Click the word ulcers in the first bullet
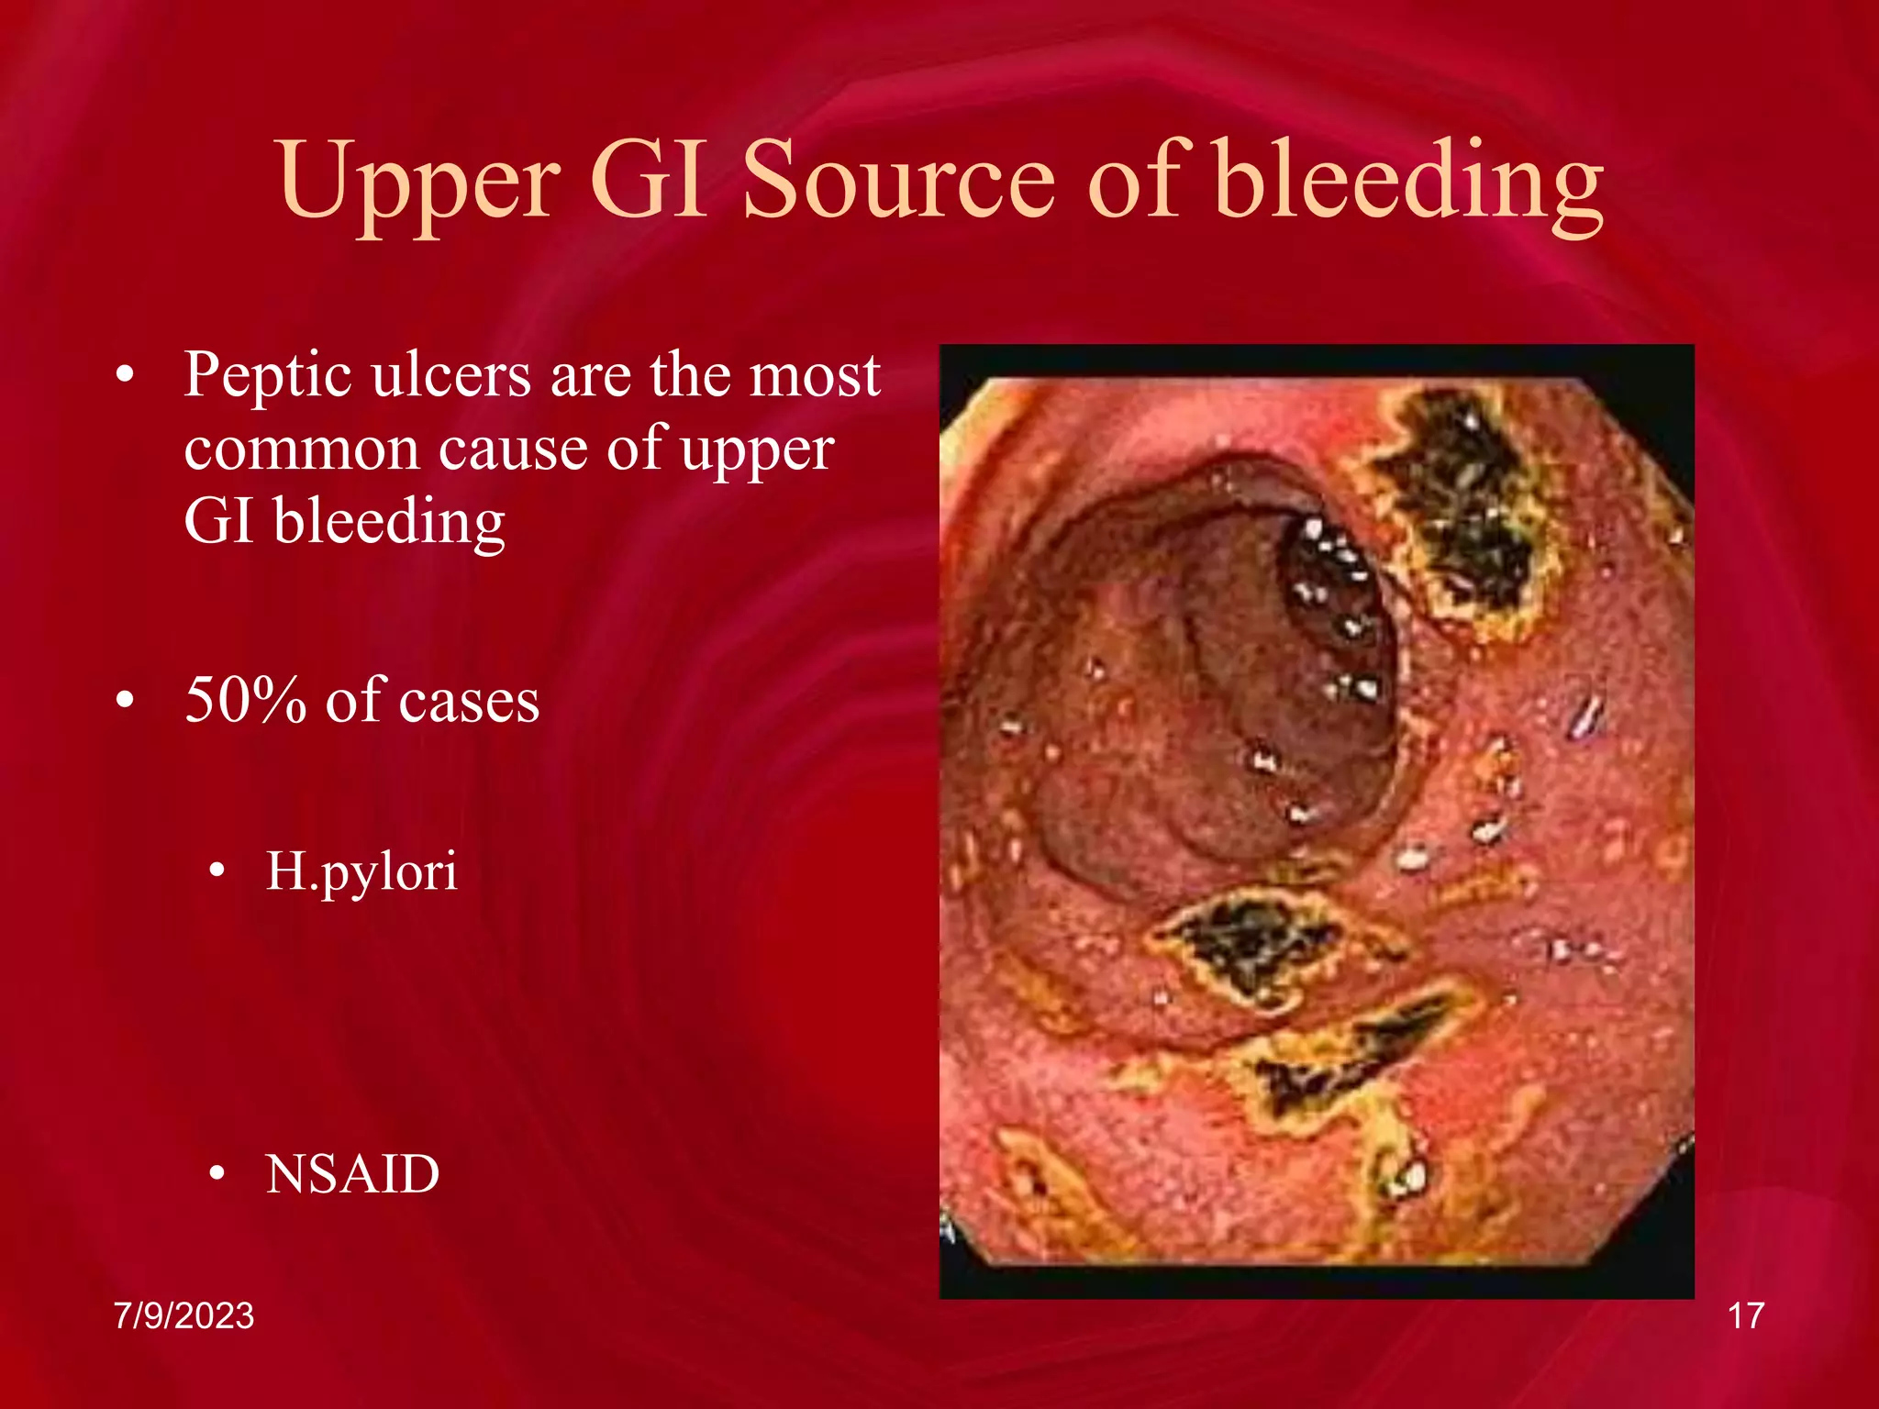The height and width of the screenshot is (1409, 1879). point(451,376)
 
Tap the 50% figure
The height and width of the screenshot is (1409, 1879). point(245,701)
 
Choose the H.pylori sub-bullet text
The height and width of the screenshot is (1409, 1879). point(361,871)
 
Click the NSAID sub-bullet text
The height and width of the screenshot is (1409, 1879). point(352,1174)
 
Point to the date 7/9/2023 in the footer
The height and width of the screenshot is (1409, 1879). point(183,1316)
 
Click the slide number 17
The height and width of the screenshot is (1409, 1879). point(1745,1316)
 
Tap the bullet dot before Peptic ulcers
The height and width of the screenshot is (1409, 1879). point(126,375)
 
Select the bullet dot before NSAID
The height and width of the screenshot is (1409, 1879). point(217,1173)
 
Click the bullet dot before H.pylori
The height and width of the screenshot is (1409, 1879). point(217,871)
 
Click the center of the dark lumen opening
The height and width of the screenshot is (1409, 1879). point(1220,679)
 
